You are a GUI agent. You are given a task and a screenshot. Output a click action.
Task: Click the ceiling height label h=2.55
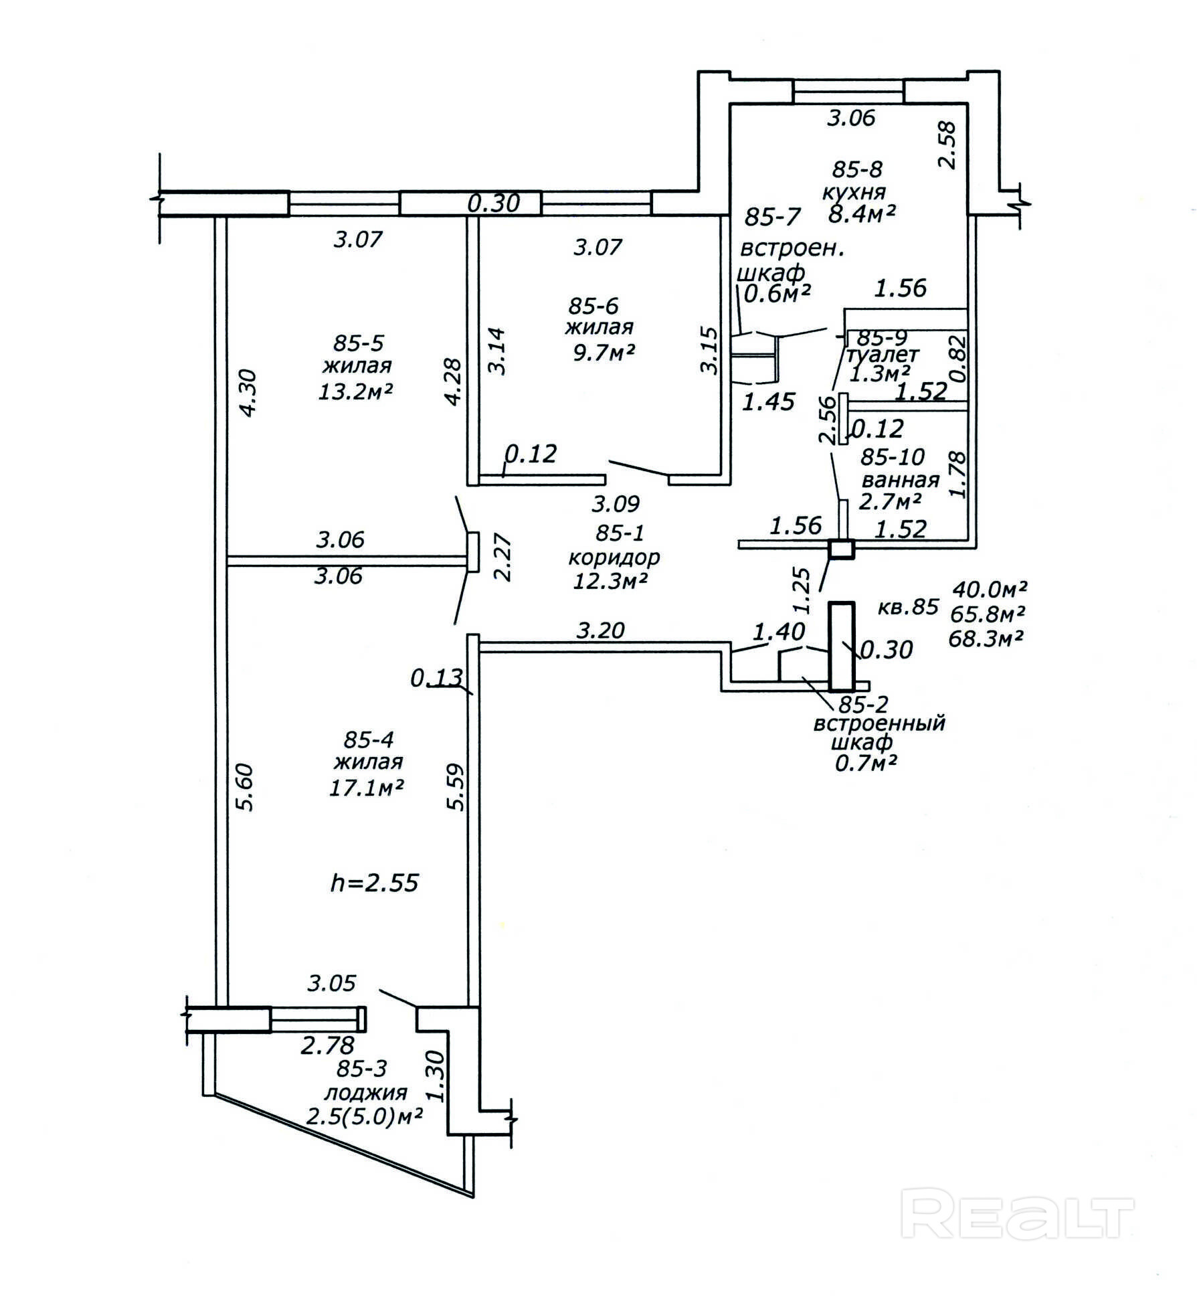point(375,883)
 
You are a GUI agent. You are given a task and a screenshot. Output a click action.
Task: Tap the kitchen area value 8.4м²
point(861,213)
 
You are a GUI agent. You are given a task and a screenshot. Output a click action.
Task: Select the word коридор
point(614,557)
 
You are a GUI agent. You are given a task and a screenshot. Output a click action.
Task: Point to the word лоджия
point(365,1093)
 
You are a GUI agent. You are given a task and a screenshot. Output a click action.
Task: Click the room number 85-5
point(358,343)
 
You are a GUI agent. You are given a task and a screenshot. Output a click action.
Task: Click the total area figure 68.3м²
point(986,638)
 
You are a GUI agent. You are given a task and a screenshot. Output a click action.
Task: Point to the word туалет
point(883,354)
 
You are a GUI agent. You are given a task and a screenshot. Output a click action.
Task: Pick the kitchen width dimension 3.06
point(851,118)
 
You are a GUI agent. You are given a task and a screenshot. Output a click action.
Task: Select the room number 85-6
point(593,306)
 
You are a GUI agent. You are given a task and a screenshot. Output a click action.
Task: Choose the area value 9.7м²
point(603,351)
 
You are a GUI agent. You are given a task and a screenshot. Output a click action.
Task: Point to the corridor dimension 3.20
point(600,630)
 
